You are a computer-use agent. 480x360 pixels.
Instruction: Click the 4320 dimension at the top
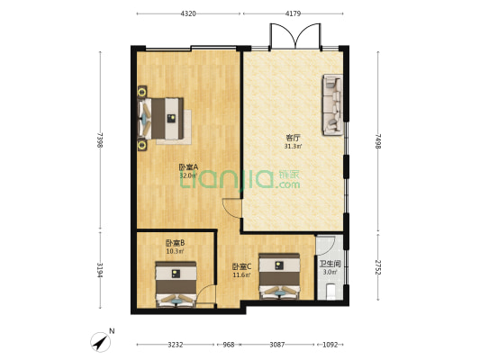coord(188,14)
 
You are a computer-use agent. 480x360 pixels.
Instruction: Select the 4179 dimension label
coord(294,14)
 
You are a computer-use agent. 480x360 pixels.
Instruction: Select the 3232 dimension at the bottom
coord(176,344)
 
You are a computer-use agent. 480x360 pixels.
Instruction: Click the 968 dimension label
coord(229,344)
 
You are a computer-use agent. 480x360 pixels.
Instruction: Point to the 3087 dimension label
coord(278,344)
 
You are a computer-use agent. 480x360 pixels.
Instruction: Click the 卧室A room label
coord(188,167)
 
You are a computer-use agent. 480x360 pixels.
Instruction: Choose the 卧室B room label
coord(175,243)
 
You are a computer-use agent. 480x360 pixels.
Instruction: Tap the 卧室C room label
coord(240,266)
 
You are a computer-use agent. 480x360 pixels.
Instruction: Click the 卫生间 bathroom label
coord(330,264)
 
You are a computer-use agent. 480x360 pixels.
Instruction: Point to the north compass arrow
coord(98,341)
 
